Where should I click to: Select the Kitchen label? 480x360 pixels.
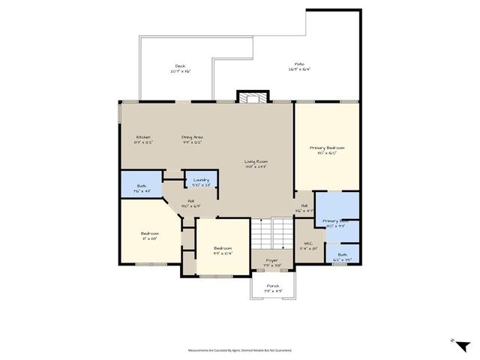click(x=143, y=139)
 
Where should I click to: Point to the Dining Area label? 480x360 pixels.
click(x=192, y=139)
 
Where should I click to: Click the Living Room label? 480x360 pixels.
click(x=256, y=163)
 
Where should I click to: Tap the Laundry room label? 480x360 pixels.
click(x=201, y=181)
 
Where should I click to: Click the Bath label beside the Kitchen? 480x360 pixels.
click(x=142, y=188)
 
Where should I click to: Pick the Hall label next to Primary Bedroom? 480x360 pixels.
click(x=304, y=208)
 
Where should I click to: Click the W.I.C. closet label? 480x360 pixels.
click(x=307, y=245)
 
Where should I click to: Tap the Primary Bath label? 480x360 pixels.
click(x=334, y=223)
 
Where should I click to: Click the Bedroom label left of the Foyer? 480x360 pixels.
click(x=223, y=250)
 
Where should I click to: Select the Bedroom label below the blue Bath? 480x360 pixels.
click(x=150, y=236)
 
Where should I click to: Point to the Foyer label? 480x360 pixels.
click(x=271, y=262)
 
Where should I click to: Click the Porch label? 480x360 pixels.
click(x=271, y=287)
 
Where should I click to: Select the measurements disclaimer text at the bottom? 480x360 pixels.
click(x=239, y=349)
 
